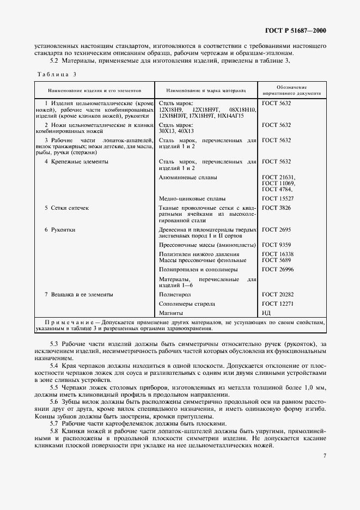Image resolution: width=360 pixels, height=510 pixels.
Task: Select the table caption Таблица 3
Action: [57, 74]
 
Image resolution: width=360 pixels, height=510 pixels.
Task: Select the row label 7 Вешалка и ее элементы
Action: [78, 294]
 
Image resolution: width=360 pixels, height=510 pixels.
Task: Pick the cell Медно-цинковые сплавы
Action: [192, 198]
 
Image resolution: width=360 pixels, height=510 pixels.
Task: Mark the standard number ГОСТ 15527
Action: [278, 198]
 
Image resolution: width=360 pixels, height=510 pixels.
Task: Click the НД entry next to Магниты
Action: [266, 313]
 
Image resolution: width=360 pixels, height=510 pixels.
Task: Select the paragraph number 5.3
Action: [54, 344]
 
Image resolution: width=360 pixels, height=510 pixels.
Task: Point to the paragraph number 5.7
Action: [54, 423]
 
